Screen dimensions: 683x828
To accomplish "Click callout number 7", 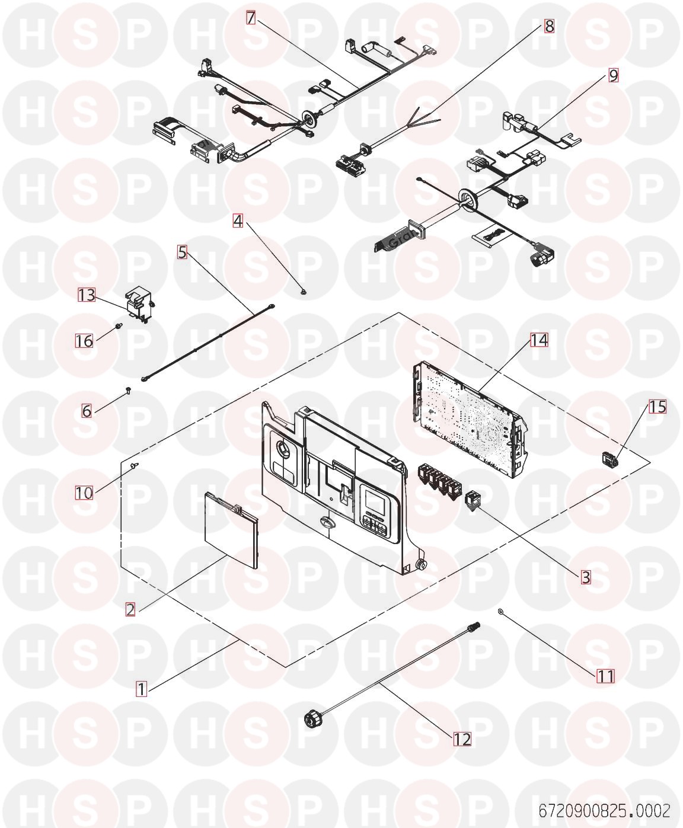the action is [251, 18].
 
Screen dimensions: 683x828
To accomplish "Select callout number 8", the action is [550, 26].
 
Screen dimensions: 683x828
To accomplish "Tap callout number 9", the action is [613, 75].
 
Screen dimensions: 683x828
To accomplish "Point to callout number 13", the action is [87, 295].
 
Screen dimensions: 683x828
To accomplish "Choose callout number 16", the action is [84, 341].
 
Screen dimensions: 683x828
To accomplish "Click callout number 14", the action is [539, 340].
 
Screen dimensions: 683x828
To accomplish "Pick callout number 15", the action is [658, 407].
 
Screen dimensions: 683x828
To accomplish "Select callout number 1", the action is [141, 689].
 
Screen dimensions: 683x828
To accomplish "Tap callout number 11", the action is [606, 676].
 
